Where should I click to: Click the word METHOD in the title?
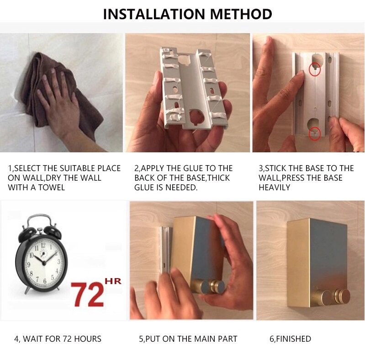coord(241,14)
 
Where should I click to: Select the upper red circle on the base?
coord(314,69)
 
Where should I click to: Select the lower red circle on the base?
coord(315,134)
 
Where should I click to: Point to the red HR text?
coord(113,281)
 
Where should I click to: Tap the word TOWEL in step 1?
coord(52,188)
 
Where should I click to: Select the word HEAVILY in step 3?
coord(274,188)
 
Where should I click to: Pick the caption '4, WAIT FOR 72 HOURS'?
coord(58,339)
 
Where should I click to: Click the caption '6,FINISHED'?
coord(290,339)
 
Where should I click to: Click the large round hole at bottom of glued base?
coord(196,116)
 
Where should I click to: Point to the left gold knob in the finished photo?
coord(323,297)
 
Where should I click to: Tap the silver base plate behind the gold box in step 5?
coord(166,250)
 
